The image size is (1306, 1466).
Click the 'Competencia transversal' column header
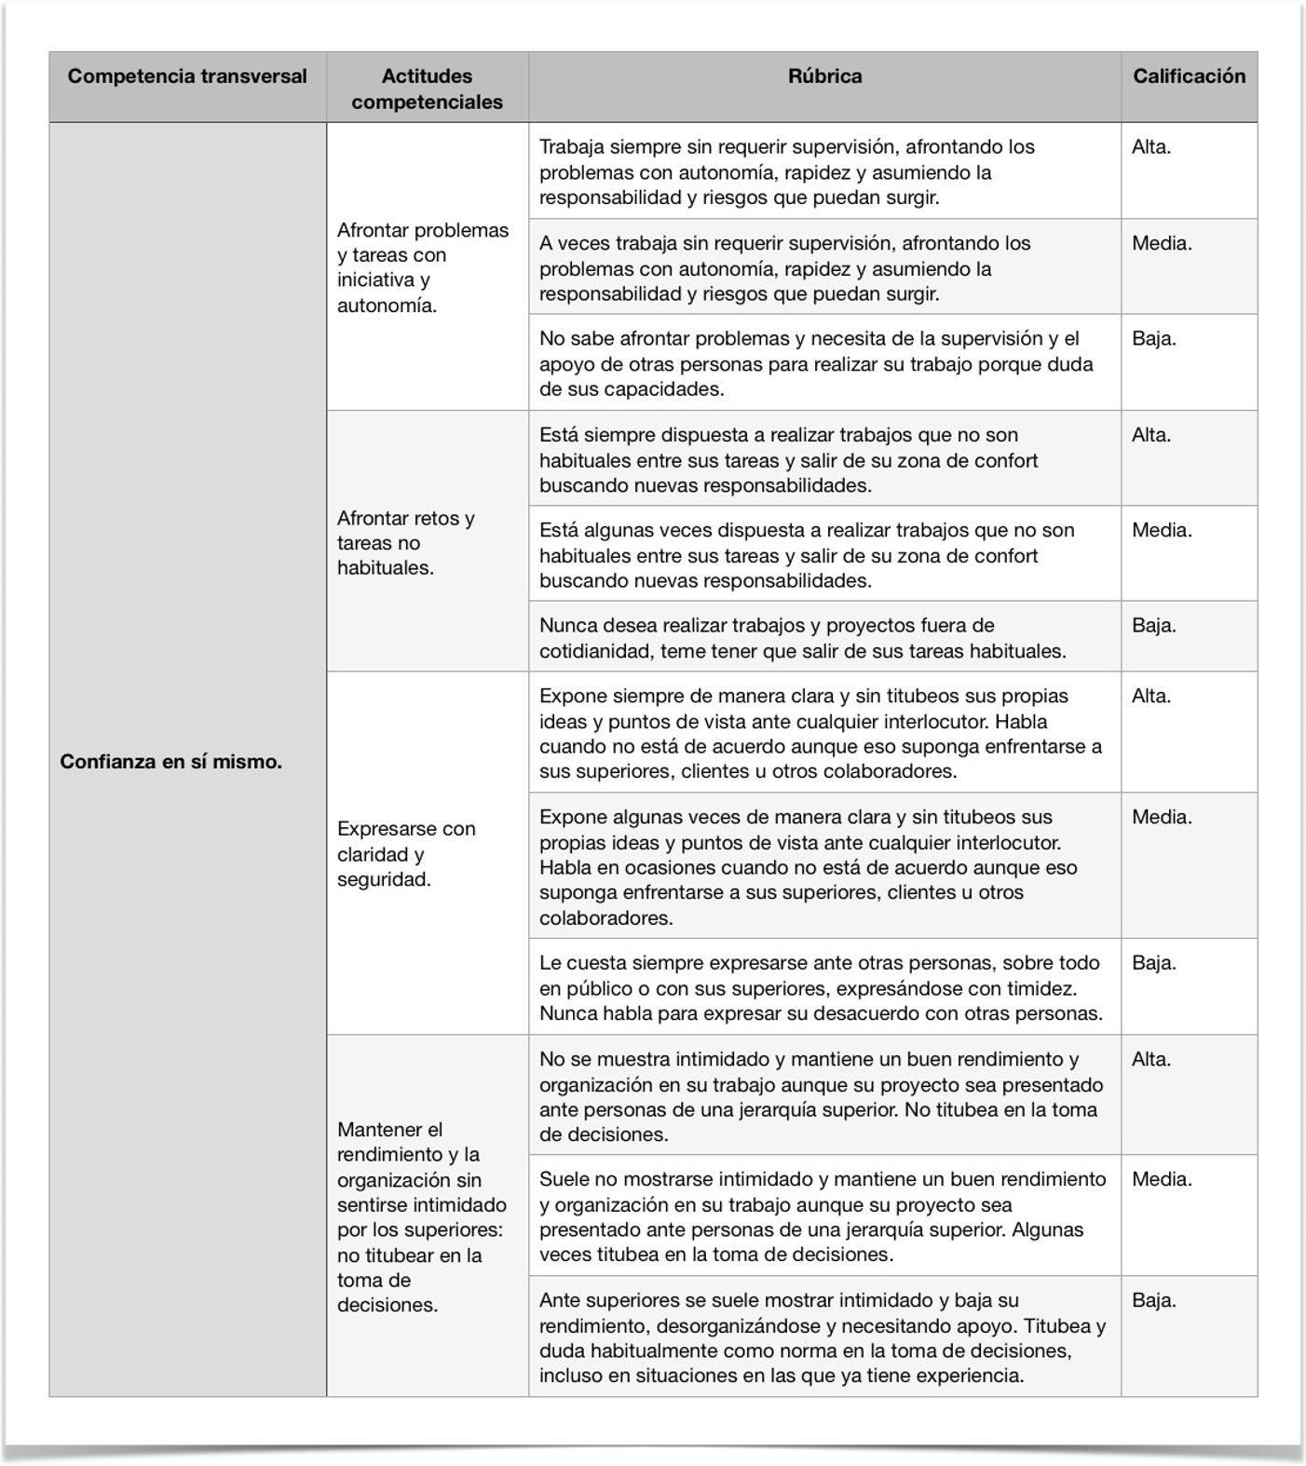pos(187,76)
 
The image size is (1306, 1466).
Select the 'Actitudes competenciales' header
pos(427,88)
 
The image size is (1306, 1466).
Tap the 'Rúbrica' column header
pos(824,76)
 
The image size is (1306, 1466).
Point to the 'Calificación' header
pos(1189,76)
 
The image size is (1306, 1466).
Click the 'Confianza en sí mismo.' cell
pos(171,761)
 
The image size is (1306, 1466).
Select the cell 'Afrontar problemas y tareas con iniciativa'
pos(423,267)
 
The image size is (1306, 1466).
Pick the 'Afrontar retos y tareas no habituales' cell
pos(406,543)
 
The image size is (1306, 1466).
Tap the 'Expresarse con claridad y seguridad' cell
pos(406,853)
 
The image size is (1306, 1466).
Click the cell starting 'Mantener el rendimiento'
pos(422,1216)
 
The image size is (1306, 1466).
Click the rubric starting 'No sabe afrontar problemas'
pos(816,363)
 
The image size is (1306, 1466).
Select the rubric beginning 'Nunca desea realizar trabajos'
pos(803,638)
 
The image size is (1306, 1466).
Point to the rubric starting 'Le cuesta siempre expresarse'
pos(821,988)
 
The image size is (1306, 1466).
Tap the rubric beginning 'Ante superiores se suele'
pos(823,1337)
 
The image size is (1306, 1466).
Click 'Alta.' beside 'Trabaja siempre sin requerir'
pos(1151,147)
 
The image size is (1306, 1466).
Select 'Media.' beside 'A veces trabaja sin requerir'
pos(1162,244)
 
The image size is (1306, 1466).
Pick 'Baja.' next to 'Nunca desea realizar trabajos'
pos(1154,626)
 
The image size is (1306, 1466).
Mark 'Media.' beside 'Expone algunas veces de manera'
pos(1162,818)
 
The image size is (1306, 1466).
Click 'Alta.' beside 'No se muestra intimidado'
pos(1151,1060)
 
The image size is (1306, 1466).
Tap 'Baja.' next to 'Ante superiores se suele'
pos(1154,1301)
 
